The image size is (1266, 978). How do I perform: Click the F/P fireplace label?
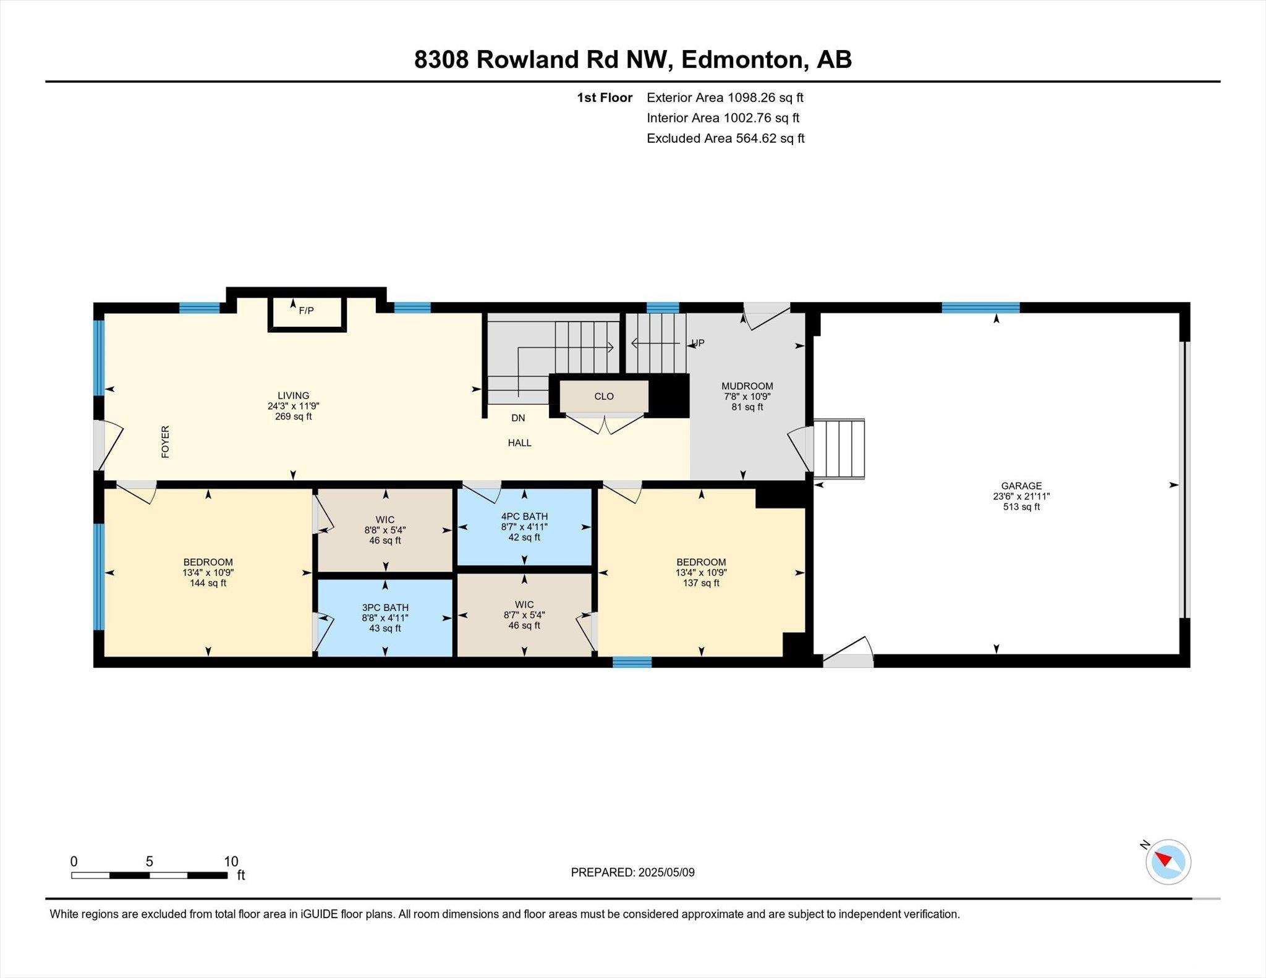tap(306, 311)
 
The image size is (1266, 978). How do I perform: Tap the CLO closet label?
tap(604, 396)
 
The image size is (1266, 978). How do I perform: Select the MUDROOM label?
tap(747, 386)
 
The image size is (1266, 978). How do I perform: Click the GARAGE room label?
tap(1022, 486)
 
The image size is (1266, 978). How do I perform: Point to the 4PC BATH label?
tap(524, 516)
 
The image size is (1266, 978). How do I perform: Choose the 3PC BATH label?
tap(385, 607)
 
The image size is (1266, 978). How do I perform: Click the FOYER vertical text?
tap(165, 442)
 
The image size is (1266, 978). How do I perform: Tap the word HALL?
tap(520, 443)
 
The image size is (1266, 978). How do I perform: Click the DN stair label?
tap(518, 418)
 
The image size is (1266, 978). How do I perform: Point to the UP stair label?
tap(698, 343)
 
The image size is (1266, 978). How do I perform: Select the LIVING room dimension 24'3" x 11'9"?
tap(294, 406)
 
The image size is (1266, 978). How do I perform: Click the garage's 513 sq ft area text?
tap(1022, 507)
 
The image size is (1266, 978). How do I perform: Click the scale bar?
tap(149, 875)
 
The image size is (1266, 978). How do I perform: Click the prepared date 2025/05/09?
tap(666, 872)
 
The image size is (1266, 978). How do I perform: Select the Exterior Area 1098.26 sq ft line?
tap(725, 97)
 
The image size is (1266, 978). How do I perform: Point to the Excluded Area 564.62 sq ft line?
tap(726, 138)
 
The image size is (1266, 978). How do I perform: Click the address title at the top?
tap(633, 59)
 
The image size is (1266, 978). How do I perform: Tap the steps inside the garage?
tap(839, 449)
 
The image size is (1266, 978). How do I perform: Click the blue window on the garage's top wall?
tap(980, 308)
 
